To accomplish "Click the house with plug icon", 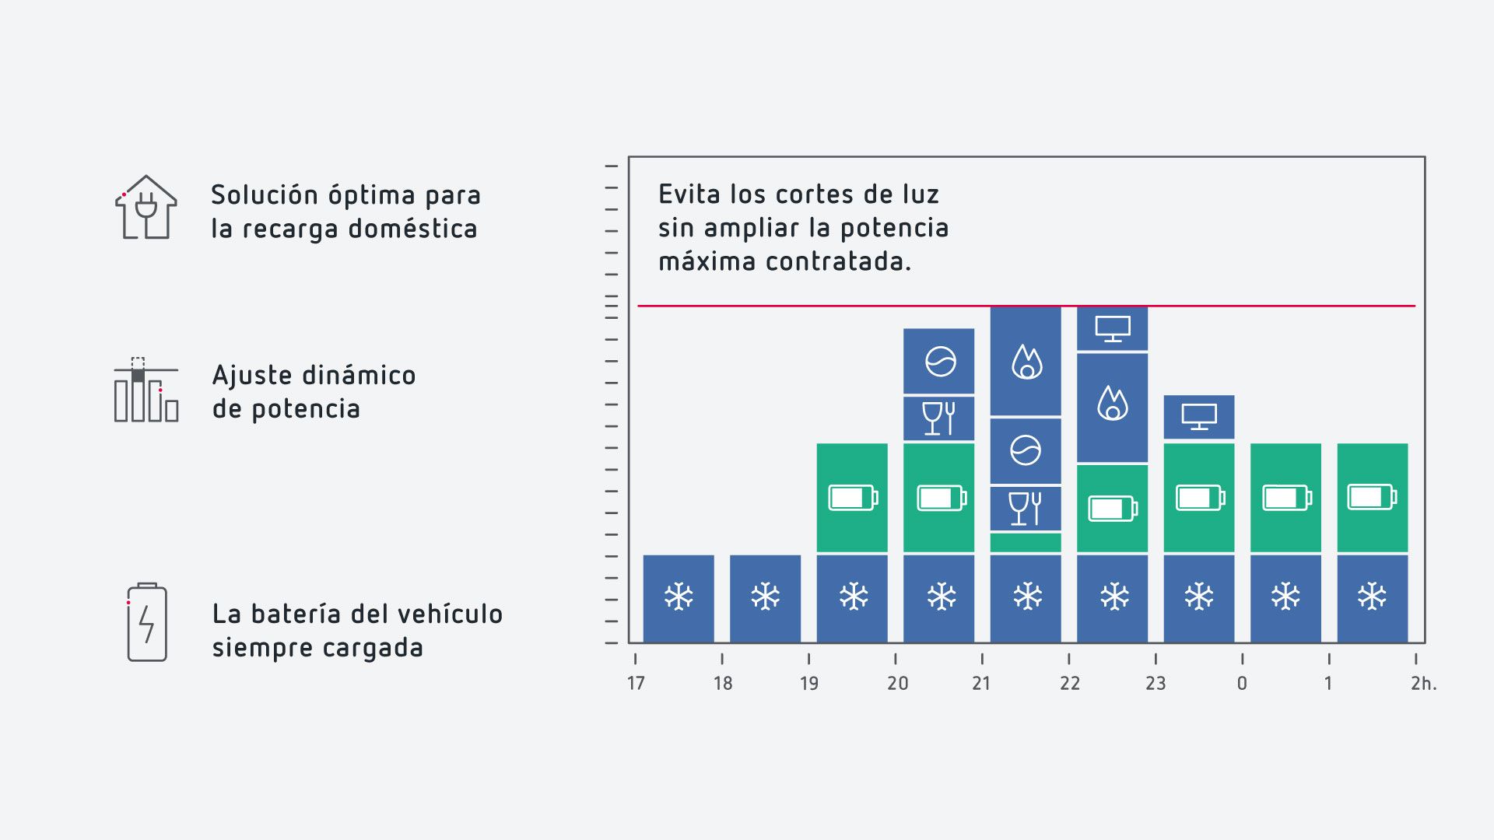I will coord(146,208).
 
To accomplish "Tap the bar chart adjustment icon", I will coord(146,390).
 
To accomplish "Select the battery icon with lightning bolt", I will coord(147,622).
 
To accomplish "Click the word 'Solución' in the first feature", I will coord(264,195).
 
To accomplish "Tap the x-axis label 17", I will coord(636,684).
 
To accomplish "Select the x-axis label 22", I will coord(1070,684).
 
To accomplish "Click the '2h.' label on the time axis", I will coord(1423,684).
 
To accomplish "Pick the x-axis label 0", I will coord(1242,684).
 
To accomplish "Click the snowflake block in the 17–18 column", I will coord(679,597).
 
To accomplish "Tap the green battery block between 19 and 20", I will coord(852,498).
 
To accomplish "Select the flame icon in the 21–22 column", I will coord(1026,362).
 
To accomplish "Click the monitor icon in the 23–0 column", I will coord(1199,417).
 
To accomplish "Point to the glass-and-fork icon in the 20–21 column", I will coord(939,418).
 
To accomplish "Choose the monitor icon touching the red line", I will coord(1113,328).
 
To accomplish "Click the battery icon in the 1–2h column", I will coord(1373,497).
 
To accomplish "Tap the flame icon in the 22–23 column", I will coord(1113,404).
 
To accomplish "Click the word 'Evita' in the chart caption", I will coord(686,194).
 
